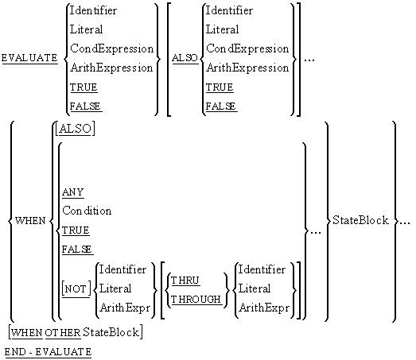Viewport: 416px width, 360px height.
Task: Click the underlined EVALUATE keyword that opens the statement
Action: pyautogui.click(x=29, y=58)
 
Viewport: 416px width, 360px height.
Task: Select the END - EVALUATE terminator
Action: pyautogui.click(x=48, y=350)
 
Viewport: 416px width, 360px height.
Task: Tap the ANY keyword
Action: pyautogui.click(x=73, y=192)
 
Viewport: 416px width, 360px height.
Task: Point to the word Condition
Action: pyautogui.click(x=87, y=211)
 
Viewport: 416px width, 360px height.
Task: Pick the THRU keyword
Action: pyautogui.click(x=185, y=280)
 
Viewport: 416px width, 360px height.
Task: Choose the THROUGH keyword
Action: pyautogui.click(x=196, y=299)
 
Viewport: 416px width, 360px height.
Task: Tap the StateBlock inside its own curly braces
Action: pyautogui.click(x=360, y=220)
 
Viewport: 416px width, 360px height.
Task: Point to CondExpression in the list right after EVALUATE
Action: pyautogui.click(x=111, y=48)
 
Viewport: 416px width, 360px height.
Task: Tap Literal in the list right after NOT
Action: pyautogui.click(x=116, y=289)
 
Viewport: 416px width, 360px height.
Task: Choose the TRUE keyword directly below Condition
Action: pyautogui.click(x=76, y=230)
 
